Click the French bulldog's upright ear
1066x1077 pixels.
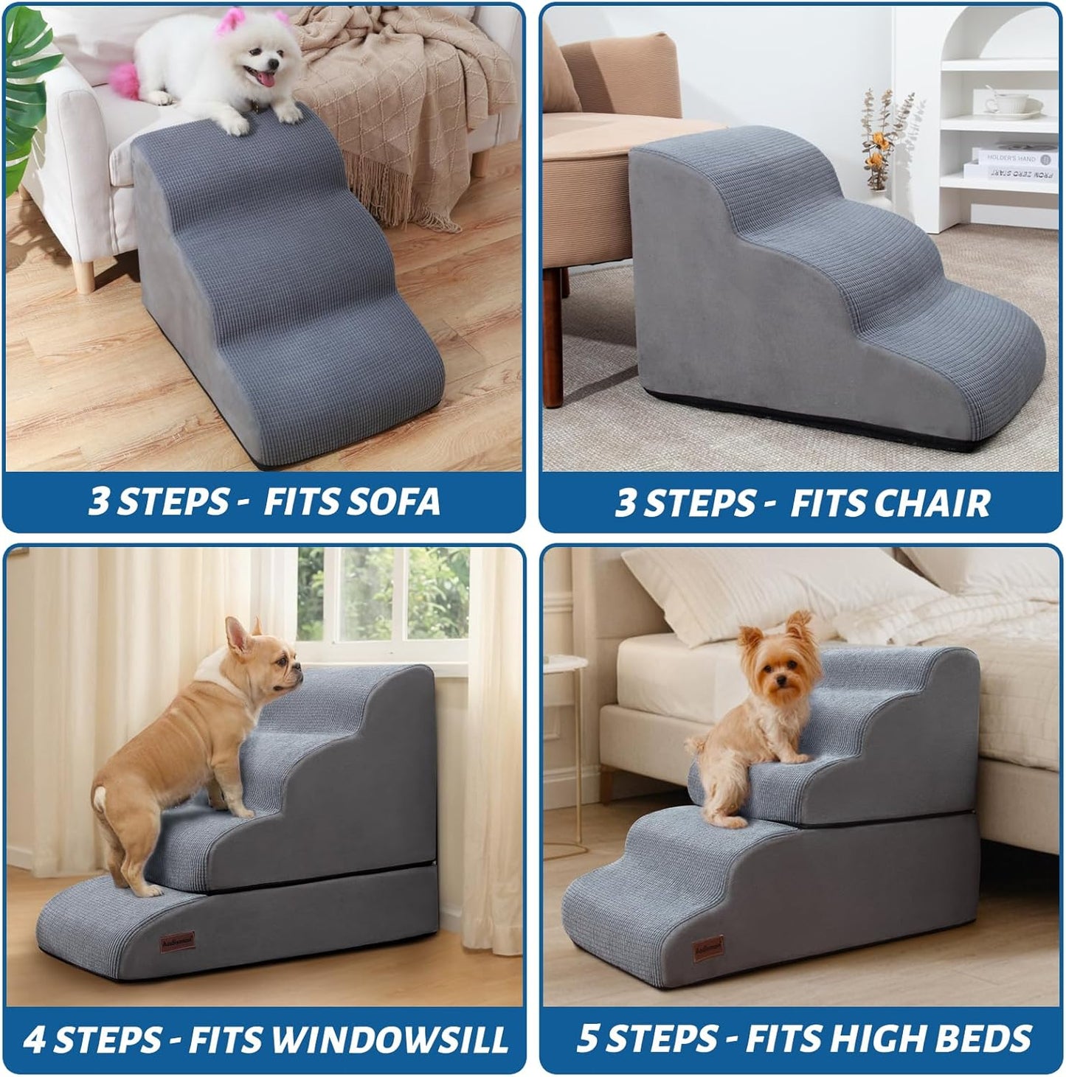point(240,638)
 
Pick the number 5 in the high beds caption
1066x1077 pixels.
point(587,1039)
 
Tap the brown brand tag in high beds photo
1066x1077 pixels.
point(707,949)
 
